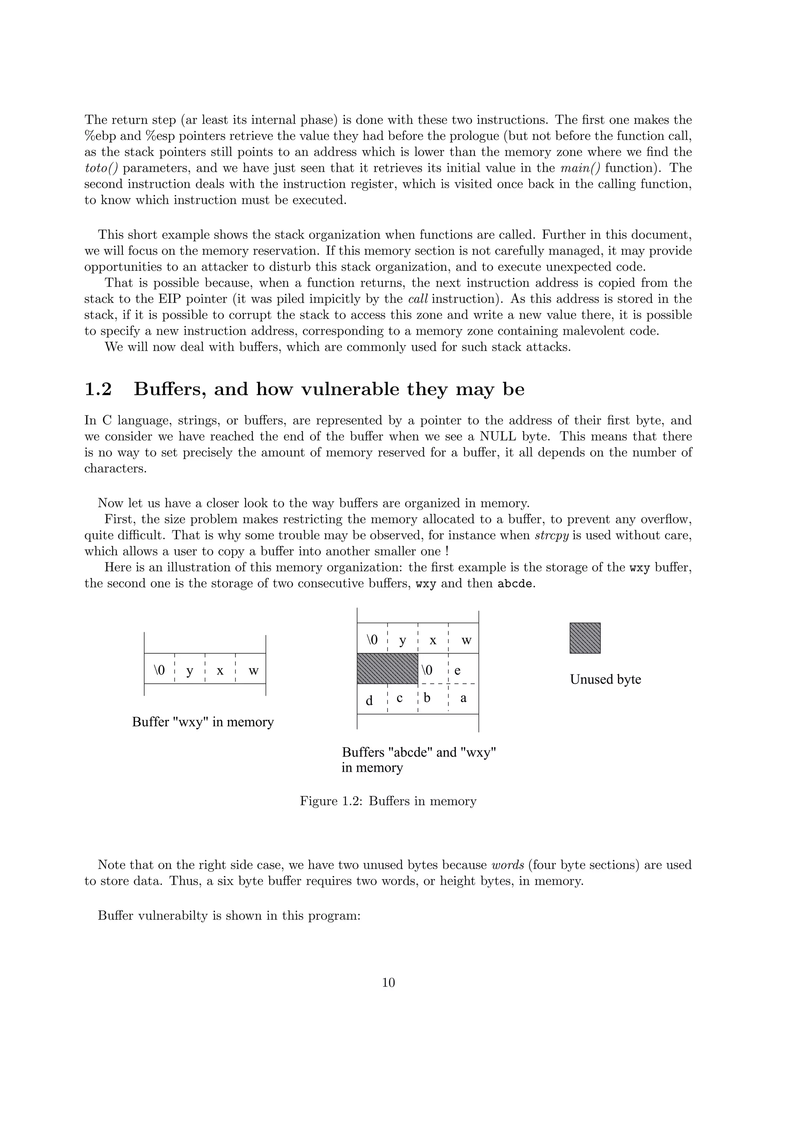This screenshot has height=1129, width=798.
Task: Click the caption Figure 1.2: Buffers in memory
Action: [388, 801]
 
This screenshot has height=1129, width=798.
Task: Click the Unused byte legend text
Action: [605, 679]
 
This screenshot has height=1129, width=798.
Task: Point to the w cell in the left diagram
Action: [253, 671]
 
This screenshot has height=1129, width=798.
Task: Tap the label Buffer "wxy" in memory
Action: [203, 722]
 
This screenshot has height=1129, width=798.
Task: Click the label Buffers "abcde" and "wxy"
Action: [419, 752]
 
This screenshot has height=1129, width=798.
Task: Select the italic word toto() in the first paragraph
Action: [102, 168]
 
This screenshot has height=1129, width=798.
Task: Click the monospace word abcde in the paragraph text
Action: [515, 584]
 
